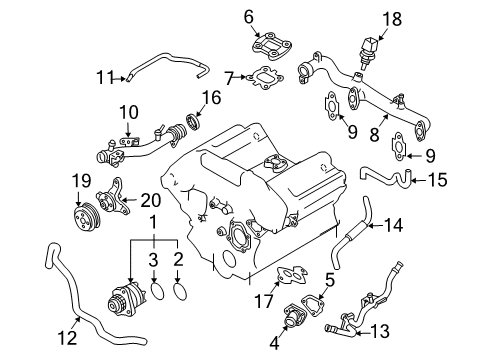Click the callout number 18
(392, 19)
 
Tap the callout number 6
(249, 17)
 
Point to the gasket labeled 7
(265, 78)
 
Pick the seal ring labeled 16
(193, 122)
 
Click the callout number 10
(129, 112)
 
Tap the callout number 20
(151, 200)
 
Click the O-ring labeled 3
(157, 291)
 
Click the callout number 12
(67, 338)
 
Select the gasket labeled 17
(291, 275)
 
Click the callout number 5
(330, 280)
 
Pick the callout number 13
(379, 331)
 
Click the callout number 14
(393, 225)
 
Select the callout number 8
(374, 135)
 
